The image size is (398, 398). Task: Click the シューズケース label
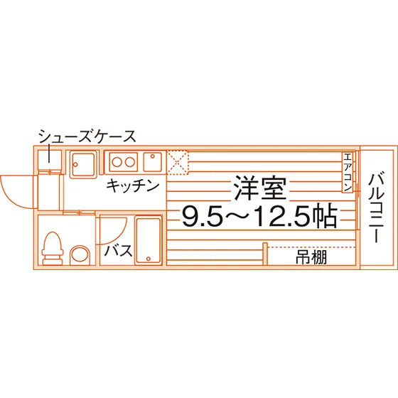click(87, 136)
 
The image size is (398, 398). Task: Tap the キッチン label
click(132, 185)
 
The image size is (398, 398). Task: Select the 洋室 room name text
click(260, 188)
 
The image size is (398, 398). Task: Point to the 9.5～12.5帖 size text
click(259, 216)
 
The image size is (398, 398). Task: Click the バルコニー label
click(377, 208)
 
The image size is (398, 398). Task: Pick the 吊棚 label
click(311, 257)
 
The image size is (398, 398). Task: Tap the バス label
click(118, 250)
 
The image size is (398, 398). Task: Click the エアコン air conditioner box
click(348, 172)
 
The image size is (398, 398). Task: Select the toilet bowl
click(53, 249)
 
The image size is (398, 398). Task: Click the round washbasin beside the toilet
click(80, 254)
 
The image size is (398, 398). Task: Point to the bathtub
click(149, 240)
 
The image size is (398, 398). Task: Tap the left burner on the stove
click(117, 162)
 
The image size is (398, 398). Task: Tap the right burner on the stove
click(129, 162)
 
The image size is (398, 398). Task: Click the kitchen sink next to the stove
click(153, 162)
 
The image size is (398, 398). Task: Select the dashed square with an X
click(178, 163)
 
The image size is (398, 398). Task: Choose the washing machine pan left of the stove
click(83, 164)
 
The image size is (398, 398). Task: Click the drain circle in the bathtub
click(149, 259)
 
